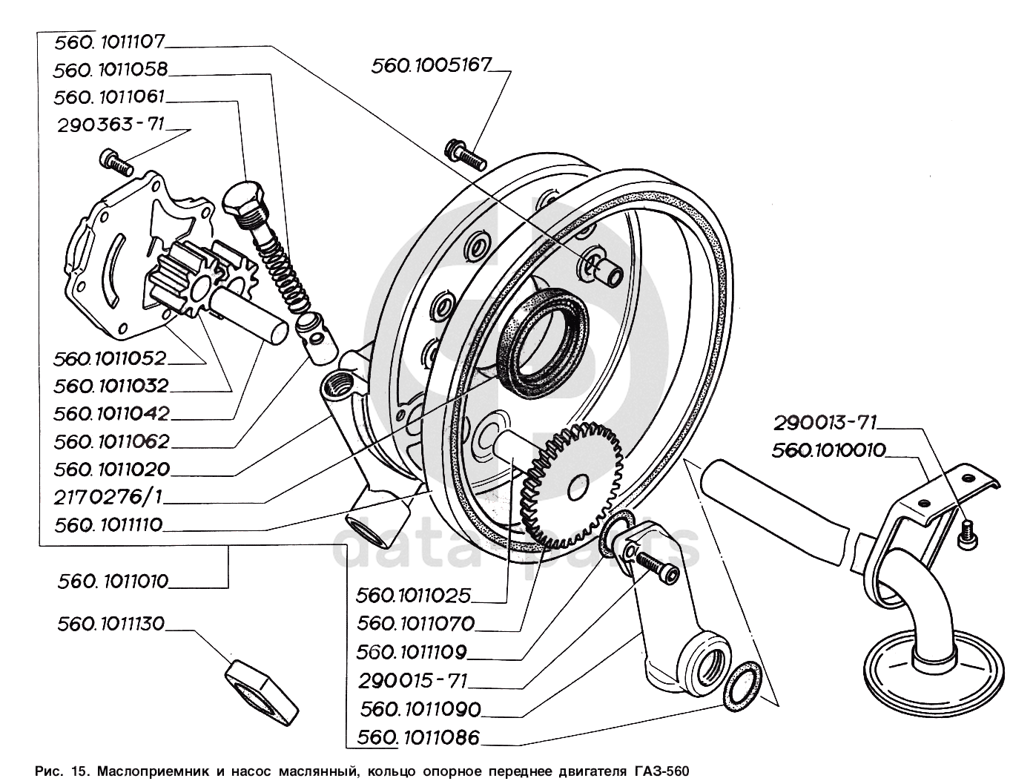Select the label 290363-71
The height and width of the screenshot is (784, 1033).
(x=110, y=125)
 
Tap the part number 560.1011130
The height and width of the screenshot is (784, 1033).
(x=110, y=625)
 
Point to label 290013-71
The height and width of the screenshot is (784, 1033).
(x=825, y=424)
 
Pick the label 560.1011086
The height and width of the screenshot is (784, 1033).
(x=418, y=738)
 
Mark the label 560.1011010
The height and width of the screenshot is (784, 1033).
(x=113, y=581)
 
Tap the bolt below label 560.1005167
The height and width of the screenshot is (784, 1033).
(x=463, y=152)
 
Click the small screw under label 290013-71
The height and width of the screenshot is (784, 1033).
(x=966, y=535)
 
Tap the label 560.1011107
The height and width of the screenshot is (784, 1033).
(x=112, y=42)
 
